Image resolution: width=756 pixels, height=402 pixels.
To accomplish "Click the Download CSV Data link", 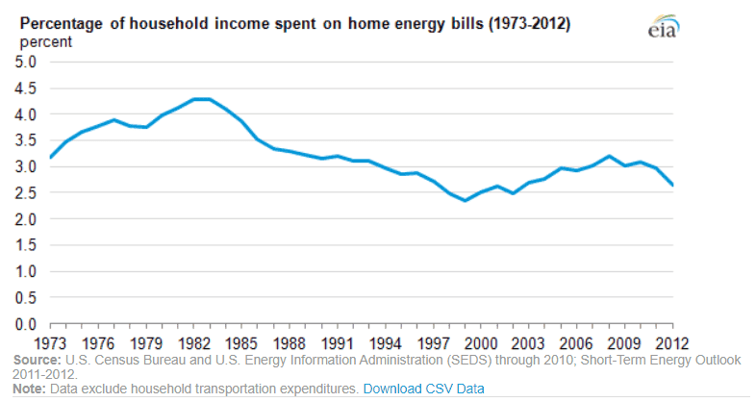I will coord(424,389).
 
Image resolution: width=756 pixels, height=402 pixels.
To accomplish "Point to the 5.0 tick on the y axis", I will coord(25,62).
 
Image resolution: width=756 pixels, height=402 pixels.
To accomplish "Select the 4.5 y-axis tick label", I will coord(25,88).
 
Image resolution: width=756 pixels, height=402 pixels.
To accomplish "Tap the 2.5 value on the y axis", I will coord(25,193).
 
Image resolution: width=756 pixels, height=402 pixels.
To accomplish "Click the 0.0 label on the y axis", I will coord(25,324).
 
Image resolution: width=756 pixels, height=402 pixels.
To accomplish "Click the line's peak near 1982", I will coord(201,99).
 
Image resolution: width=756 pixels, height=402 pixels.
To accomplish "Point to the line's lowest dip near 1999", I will coord(466,200).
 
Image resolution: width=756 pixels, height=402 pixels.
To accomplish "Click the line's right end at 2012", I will coord(672,186).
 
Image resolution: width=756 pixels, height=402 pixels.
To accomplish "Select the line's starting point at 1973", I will coord(50,158).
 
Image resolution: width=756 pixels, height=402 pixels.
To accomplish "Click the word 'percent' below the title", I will coord(45,43).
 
